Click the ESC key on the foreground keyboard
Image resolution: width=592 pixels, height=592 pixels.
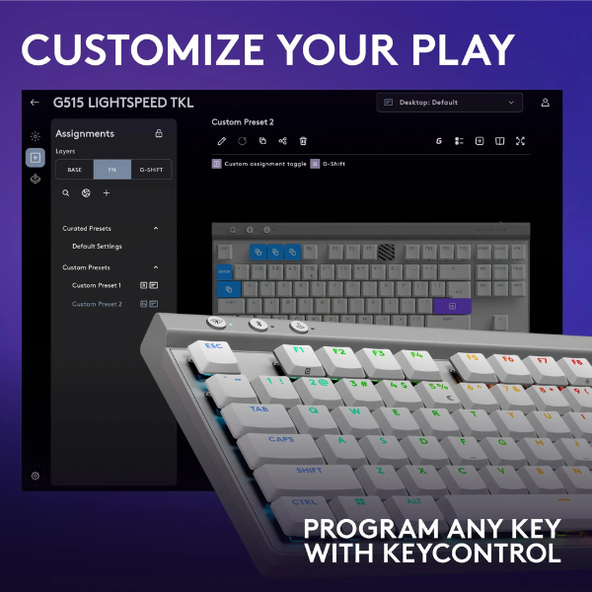(213, 348)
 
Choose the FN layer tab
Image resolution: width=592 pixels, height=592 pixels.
(112, 170)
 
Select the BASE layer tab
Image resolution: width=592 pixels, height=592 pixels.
(75, 170)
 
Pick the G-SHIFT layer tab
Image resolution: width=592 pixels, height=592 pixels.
(151, 170)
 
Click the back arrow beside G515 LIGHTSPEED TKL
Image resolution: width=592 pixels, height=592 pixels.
(36, 103)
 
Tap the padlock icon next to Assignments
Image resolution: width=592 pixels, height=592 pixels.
(159, 133)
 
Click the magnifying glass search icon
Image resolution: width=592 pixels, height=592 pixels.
(66, 193)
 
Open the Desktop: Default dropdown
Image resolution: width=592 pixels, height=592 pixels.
(450, 103)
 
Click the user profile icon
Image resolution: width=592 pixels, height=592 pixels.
(546, 103)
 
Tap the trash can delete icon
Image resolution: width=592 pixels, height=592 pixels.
(304, 141)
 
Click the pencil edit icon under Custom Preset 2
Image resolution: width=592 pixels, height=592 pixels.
(221, 141)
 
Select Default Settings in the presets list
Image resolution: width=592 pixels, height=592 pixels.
(97, 246)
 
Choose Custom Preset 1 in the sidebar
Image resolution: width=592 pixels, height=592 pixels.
(97, 285)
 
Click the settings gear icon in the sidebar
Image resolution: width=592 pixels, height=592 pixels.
(36, 476)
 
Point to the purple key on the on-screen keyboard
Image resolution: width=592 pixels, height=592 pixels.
(452, 305)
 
